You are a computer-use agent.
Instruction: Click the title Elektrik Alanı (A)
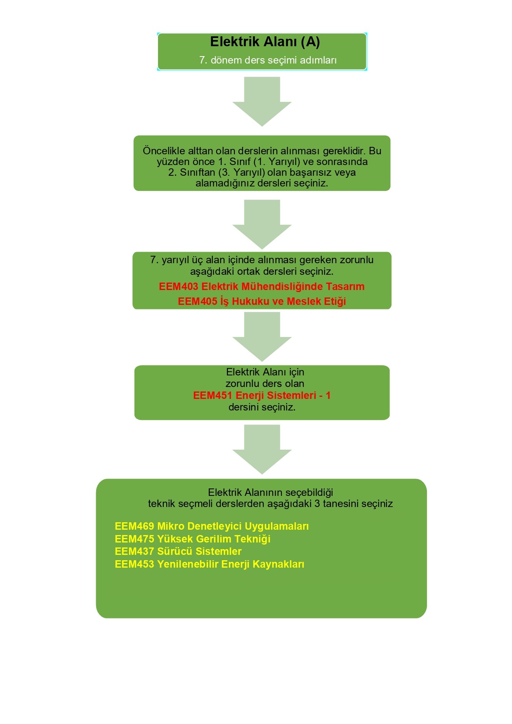point(265,42)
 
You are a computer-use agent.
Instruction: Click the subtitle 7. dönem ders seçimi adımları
point(268,60)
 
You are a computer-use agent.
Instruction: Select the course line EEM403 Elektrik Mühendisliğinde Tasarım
point(262,287)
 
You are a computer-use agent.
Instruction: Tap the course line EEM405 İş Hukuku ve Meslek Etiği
point(262,301)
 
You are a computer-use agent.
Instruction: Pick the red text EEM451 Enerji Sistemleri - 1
point(262,395)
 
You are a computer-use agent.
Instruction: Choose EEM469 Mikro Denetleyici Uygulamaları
point(212,526)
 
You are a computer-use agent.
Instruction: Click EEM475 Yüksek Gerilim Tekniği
point(193,539)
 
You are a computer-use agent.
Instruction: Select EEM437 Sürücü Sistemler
point(178,552)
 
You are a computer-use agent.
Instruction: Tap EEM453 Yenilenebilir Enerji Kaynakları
point(210,564)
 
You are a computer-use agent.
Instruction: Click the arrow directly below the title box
point(262,101)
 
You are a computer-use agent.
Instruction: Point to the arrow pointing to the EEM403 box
point(262,224)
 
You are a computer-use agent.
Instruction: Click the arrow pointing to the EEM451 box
point(262,337)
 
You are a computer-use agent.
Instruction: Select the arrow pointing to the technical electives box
point(262,449)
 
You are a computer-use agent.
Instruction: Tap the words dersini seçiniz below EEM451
point(262,407)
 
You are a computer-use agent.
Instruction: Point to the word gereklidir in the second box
point(344,151)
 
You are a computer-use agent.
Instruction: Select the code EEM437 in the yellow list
point(134,552)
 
